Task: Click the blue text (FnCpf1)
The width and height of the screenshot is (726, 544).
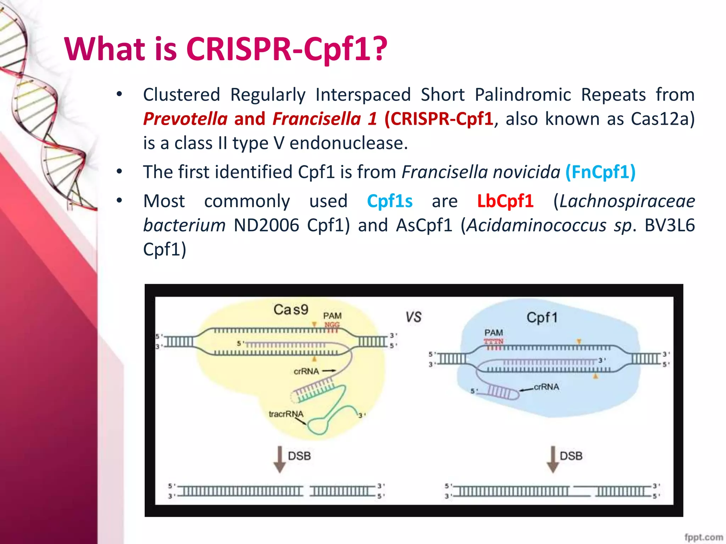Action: click(x=600, y=172)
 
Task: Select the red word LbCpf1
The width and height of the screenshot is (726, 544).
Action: click(x=505, y=201)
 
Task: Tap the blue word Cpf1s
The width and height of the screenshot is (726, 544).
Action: click(x=390, y=201)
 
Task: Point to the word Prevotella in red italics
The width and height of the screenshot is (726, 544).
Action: click(x=185, y=119)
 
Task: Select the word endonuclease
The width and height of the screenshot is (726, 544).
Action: click(x=348, y=143)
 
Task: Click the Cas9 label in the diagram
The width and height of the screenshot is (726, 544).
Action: click(x=291, y=310)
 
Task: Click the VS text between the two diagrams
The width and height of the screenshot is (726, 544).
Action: click(x=413, y=317)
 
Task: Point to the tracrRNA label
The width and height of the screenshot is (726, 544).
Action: click(x=286, y=414)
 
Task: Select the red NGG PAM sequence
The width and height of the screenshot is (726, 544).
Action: click(x=332, y=324)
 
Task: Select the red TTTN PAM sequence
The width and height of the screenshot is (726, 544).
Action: click(x=493, y=341)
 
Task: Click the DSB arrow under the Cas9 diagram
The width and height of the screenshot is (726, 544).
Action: click(x=280, y=459)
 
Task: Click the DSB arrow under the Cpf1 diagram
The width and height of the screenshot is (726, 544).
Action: click(x=553, y=459)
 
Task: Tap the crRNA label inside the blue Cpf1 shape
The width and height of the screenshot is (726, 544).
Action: click(x=546, y=387)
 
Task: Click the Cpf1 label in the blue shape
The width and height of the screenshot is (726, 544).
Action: click(x=542, y=318)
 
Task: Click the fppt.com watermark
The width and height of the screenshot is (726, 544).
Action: click(x=703, y=537)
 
